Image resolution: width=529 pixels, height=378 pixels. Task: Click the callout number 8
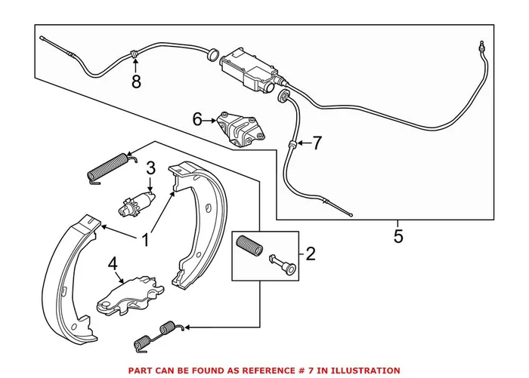pos(136,82)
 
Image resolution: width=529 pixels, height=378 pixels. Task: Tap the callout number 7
pos(317,141)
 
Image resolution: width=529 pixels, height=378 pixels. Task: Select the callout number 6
pos(197,119)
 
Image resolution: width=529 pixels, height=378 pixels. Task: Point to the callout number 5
pos(398,236)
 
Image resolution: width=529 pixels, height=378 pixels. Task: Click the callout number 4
pos(113,265)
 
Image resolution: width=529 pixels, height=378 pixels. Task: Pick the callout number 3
pos(150,167)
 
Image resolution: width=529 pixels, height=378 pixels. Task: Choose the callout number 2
pos(310,254)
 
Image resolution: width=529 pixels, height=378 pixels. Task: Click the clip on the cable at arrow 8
pos(135,54)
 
